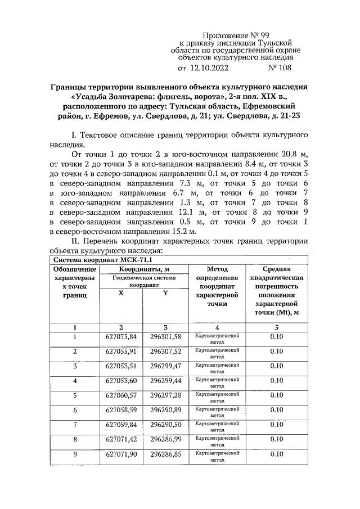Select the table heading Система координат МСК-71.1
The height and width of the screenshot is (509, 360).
[102, 260]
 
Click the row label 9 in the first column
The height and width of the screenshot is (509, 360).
[75, 454]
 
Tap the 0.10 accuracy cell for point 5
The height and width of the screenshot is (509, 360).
[276, 395]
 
